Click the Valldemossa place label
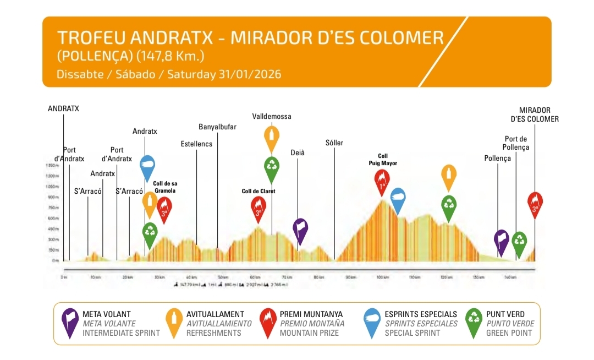coord(272,117)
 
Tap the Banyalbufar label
coord(217,127)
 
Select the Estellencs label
coord(196,144)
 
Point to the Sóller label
coord(334,143)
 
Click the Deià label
coord(298,152)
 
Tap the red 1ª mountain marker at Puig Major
coord(382,182)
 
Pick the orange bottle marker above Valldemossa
coord(271,138)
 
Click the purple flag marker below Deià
coord(300,230)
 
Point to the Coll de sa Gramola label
coord(164,187)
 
